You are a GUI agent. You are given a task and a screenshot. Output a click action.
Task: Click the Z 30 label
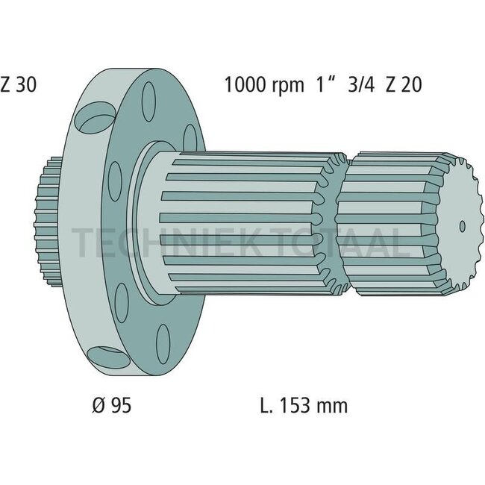coord(18,84)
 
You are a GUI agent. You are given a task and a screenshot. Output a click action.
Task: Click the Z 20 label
coord(404,84)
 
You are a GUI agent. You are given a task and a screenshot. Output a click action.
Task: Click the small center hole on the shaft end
coord(461,225)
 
